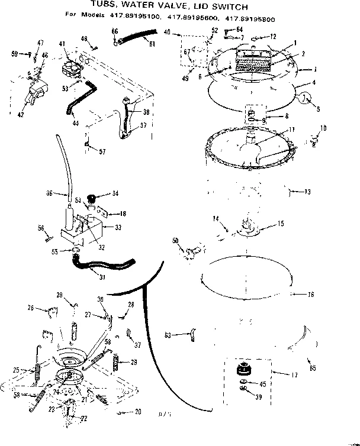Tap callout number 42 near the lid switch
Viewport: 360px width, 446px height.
[x=21, y=114]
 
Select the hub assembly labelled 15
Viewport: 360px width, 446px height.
[x=249, y=225]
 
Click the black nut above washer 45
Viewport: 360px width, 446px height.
[x=242, y=370]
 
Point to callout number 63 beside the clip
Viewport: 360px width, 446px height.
[x=168, y=335]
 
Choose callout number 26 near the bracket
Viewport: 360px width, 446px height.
[x=30, y=308]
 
